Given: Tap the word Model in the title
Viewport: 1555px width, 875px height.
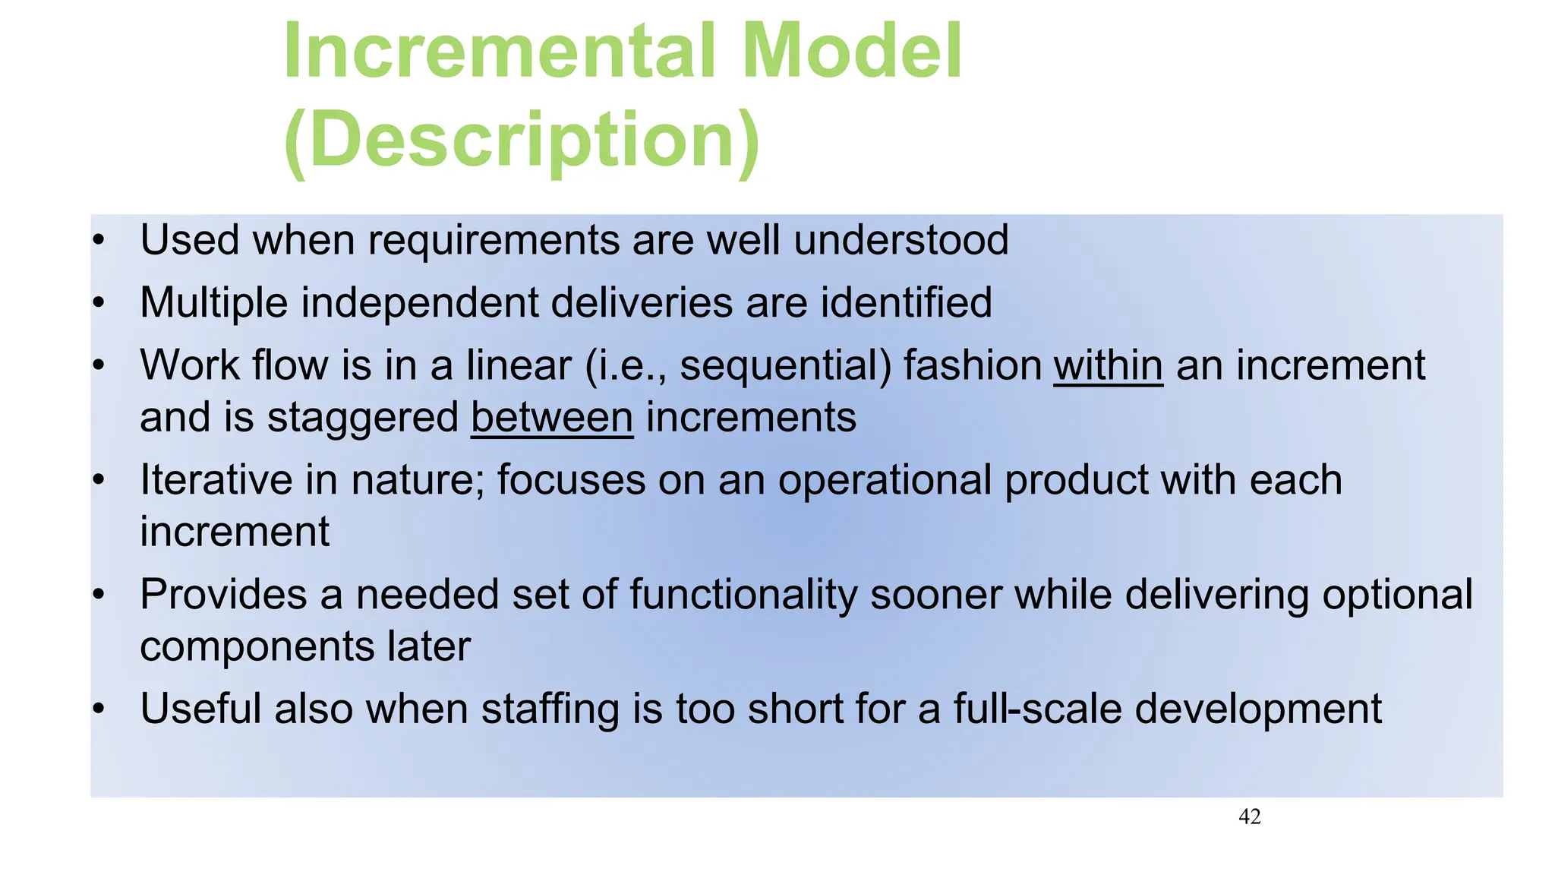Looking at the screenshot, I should [852, 52].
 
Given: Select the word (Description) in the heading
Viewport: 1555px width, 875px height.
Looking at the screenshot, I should [522, 141].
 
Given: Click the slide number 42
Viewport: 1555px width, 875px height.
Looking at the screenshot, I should [1249, 817].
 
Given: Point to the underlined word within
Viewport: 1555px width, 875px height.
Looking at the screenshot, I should [1108, 365].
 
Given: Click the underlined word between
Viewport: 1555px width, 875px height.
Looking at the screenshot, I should [552, 418].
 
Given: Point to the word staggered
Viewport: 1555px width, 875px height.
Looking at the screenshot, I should [363, 418].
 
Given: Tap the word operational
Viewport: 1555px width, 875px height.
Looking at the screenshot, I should [885, 480].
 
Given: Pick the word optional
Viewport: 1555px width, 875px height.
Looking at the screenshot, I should [1397, 595].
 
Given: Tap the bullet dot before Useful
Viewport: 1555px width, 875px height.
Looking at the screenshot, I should [97, 709].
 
